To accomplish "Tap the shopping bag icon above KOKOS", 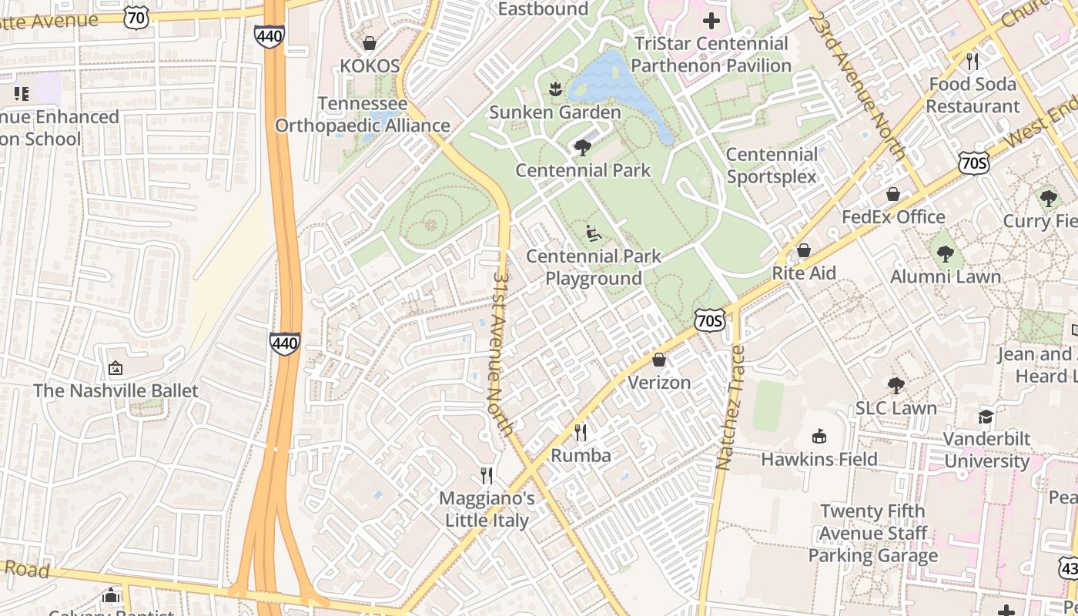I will [x=370, y=43].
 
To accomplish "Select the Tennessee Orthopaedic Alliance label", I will [x=362, y=115].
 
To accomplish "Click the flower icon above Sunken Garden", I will [x=554, y=89].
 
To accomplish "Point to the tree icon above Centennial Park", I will [x=583, y=147].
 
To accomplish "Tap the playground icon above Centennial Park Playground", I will [x=593, y=232].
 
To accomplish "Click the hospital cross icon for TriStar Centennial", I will [x=712, y=21].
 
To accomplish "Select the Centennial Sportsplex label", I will [x=772, y=166].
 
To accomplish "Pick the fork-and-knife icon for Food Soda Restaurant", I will [x=973, y=61].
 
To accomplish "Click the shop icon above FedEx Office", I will [x=893, y=194].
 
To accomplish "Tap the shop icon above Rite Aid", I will [x=804, y=250].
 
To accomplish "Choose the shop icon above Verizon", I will [x=659, y=360].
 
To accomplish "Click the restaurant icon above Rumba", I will [x=581, y=433].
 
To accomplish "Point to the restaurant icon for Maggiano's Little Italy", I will [x=487, y=475].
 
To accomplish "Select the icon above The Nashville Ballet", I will [x=115, y=368].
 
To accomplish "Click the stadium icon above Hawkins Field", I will [x=819, y=437].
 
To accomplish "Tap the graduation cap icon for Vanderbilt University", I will [x=986, y=417].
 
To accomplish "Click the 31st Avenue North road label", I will [x=501, y=353].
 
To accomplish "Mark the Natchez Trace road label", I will [x=730, y=408].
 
